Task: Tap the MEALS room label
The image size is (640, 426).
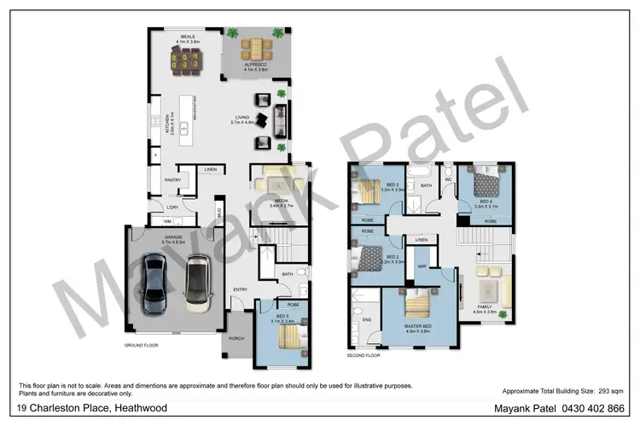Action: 187,37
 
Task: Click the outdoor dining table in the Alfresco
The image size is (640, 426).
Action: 255,46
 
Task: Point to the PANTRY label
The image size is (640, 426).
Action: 172,180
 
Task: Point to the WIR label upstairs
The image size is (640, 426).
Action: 422,266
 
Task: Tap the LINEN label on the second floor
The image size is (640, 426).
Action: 422,241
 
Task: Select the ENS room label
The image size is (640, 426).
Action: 368,320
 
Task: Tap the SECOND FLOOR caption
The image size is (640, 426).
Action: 364,354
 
